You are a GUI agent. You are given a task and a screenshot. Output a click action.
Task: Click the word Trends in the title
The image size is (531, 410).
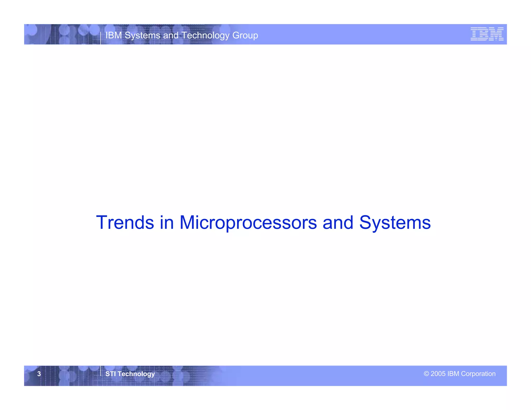click(125, 222)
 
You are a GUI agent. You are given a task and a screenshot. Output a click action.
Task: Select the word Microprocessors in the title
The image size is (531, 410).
click(248, 222)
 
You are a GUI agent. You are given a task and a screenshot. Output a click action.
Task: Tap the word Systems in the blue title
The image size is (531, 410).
click(395, 222)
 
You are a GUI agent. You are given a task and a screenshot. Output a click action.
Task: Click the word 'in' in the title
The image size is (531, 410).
click(167, 222)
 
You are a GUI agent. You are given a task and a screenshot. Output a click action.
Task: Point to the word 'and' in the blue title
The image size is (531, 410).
click(338, 222)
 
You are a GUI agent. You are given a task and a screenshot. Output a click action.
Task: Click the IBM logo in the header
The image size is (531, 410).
click(487, 34)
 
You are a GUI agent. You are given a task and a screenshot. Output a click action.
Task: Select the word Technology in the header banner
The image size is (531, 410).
click(205, 35)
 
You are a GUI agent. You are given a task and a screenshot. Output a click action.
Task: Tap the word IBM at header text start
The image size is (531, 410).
click(114, 35)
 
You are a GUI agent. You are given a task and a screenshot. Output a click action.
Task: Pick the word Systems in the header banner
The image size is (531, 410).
click(142, 35)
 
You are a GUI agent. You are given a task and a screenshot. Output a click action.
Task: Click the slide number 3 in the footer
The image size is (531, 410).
click(39, 374)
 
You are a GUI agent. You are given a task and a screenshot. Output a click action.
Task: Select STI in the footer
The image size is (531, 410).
click(110, 374)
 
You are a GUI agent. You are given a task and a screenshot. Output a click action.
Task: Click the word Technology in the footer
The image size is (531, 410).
click(136, 374)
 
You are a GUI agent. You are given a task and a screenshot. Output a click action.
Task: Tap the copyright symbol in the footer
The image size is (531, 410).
click(426, 373)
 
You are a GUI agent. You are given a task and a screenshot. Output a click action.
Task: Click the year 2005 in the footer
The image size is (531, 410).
click(438, 373)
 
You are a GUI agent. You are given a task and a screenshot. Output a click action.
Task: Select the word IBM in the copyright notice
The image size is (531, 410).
click(453, 373)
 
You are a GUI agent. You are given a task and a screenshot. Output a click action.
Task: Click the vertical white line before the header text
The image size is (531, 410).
click(101, 38)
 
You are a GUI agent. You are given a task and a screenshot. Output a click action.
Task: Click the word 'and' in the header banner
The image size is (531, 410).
click(171, 35)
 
